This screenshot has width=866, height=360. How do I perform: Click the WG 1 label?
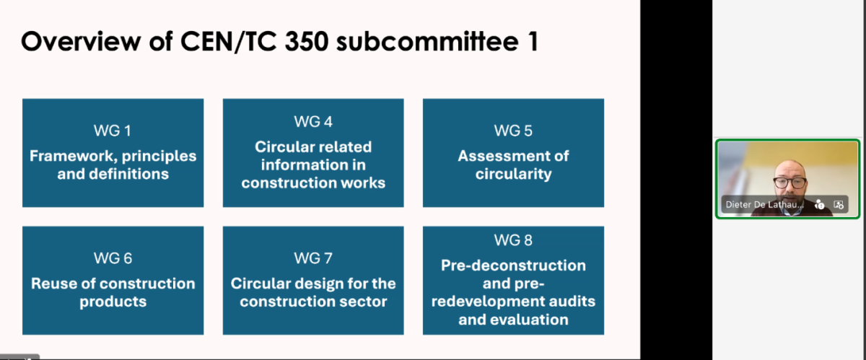coord(113,131)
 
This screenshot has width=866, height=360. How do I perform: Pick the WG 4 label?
coord(313,122)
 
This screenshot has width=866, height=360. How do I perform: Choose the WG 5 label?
coord(513,131)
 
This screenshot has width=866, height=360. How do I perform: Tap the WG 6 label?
coord(113,258)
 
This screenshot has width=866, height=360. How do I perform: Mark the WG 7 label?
coord(313,258)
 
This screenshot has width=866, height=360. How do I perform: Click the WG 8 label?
coord(513,240)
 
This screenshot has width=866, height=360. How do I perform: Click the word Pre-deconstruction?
coord(513,265)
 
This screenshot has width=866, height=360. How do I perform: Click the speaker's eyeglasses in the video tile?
coord(790,182)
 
